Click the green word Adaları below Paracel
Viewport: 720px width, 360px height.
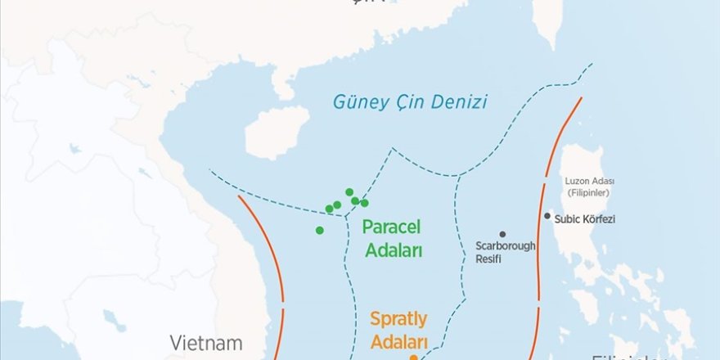coord(393,251)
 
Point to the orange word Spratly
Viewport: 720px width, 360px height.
coord(398,319)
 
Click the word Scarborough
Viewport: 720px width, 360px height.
coord(506,245)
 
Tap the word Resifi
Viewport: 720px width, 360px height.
coord(489,259)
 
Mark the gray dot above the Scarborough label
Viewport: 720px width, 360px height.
coord(502,234)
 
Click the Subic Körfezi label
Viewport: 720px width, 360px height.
coord(584,219)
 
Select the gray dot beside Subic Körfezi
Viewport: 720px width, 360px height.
coord(547,216)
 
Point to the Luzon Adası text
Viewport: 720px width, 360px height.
coord(589,181)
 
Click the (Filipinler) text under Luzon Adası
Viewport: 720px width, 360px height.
coord(589,193)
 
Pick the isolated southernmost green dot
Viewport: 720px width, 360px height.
coord(320,230)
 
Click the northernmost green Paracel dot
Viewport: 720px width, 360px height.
coord(349,192)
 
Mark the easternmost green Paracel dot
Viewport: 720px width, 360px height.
coord(364,203)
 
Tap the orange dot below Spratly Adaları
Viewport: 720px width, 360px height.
coord(413,358)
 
